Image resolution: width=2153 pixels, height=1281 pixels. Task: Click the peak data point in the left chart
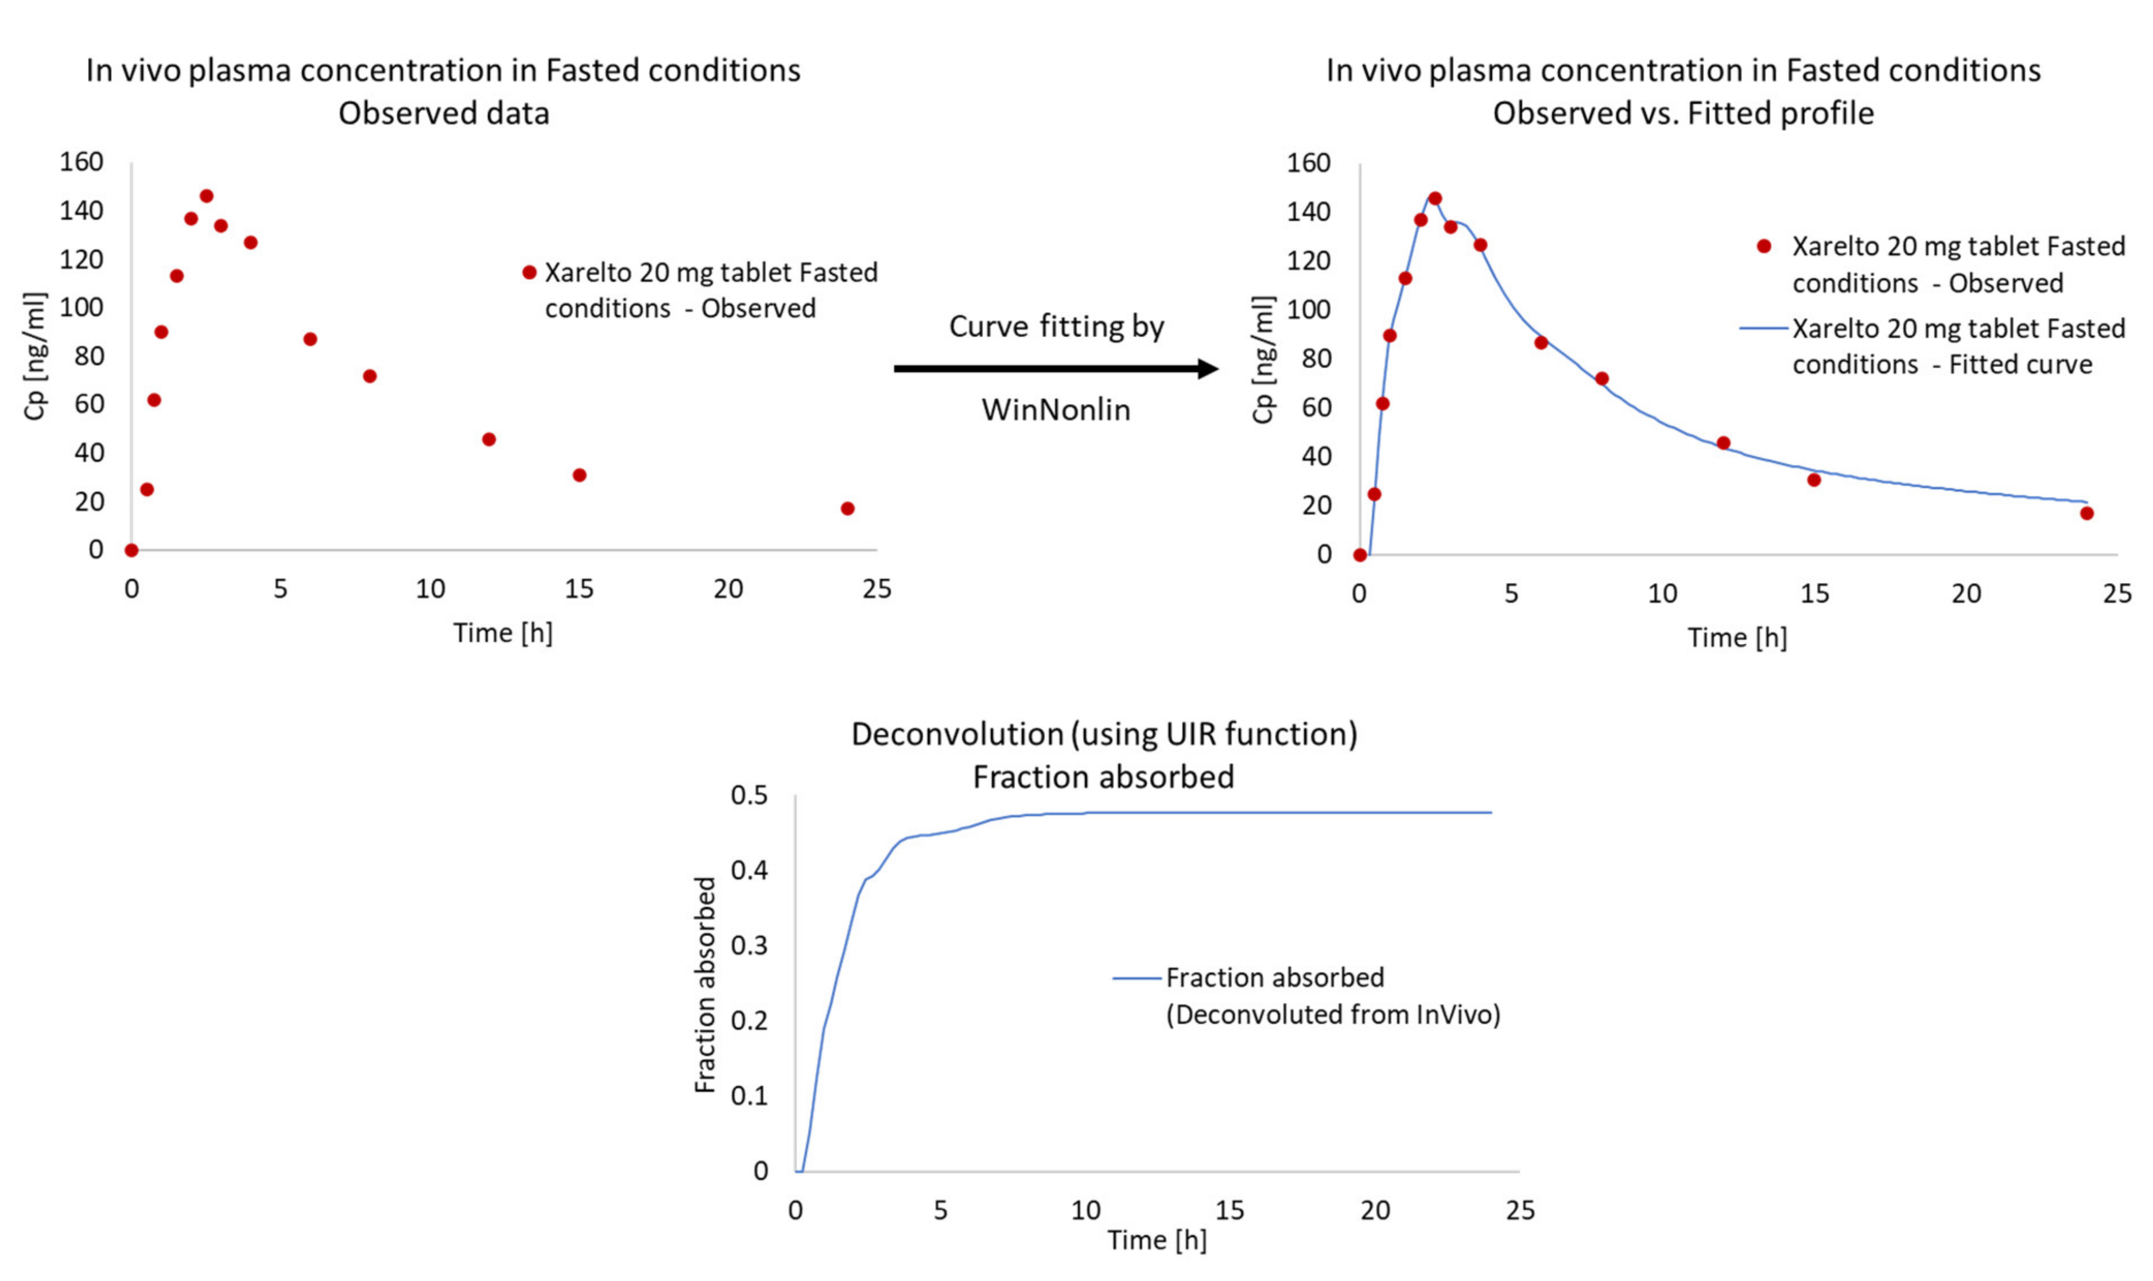207,196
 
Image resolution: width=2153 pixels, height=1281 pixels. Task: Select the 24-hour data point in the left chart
847,508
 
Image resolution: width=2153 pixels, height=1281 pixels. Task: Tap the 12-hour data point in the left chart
489,439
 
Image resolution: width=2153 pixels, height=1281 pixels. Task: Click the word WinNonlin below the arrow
1056,409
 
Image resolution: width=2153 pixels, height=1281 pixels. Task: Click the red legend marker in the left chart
529,272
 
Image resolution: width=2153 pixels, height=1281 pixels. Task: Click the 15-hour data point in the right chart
1814,480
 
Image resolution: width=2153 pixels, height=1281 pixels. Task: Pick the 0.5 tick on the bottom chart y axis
748,795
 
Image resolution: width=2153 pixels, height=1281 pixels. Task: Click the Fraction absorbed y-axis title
705,984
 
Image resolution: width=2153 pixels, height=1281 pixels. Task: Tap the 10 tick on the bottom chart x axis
1085,1210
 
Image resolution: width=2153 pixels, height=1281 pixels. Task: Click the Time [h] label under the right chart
1737,638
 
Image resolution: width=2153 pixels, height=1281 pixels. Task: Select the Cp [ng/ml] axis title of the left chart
34,356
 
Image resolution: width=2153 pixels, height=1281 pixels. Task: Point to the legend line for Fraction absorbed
1136,978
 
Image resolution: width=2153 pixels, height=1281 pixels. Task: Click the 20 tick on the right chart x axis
1965,594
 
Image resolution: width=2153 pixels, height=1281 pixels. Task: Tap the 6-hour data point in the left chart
310,339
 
